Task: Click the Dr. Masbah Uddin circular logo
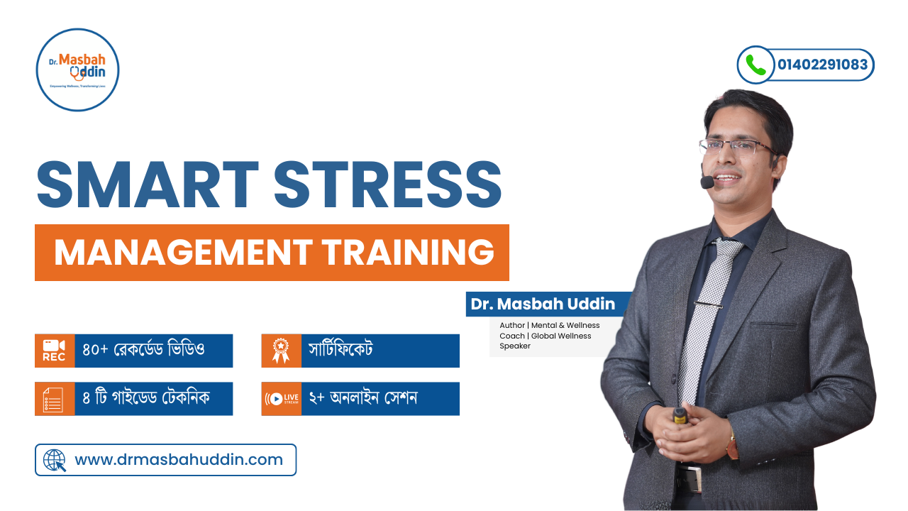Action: point(77,70)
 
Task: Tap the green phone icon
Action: point(755,65)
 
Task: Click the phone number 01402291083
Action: point(822,65)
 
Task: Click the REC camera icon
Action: point(54,351)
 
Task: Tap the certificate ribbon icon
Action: point(281,351)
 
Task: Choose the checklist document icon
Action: point(54,399)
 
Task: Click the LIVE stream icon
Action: point(281,399)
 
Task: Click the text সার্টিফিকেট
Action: point(340,351)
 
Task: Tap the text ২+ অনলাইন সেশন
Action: point(362,399)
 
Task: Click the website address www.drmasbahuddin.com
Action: point(179,460)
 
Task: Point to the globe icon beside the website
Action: point(55,460)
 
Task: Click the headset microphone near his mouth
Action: point(707,182)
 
